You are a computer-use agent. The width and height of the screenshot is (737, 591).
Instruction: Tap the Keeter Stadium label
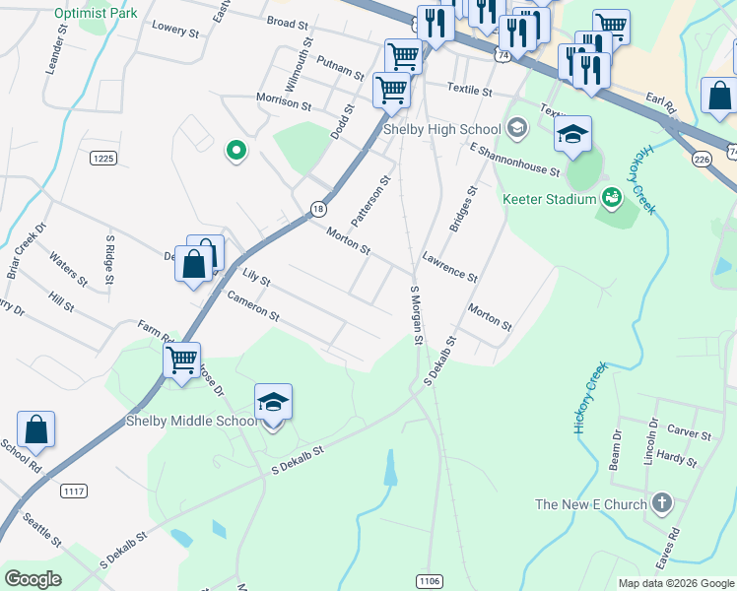click(550, 199)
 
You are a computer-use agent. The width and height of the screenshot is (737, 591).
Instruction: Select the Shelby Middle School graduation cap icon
click(273, 404)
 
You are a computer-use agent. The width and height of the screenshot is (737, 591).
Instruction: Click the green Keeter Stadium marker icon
click(612, 198)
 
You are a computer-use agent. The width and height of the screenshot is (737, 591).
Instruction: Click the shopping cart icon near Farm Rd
click(182, 361)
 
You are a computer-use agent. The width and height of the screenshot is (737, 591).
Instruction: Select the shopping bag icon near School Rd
click(36, 430)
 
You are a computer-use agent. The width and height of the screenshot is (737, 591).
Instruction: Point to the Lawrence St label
click(449, 265)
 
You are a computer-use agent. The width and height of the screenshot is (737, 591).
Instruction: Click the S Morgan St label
click(415, 314)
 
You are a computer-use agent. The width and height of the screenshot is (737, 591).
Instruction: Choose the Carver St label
click(689, 432)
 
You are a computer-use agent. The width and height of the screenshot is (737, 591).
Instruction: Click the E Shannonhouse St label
click(514, 160)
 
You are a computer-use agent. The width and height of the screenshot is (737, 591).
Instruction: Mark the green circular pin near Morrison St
click(235, 151)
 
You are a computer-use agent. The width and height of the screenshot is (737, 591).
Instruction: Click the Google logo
click(33, 579)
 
